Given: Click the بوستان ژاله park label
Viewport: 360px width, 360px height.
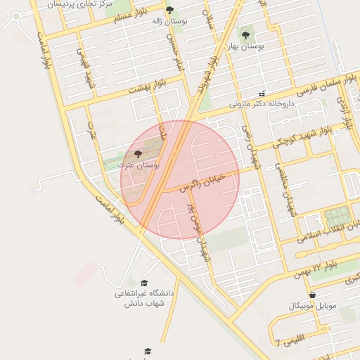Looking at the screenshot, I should (167, 21).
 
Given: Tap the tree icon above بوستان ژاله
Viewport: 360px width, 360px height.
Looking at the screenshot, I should (169, 10).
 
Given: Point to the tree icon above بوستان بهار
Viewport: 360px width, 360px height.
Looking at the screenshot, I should (245, 34).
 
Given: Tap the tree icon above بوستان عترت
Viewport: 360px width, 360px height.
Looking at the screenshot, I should (137, 153).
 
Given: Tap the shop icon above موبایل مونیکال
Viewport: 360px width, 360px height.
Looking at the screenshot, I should (312, 295).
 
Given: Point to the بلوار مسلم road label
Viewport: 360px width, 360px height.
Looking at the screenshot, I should (131, 17).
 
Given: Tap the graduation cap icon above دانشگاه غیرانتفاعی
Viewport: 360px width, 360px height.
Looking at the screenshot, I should (144, 283).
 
